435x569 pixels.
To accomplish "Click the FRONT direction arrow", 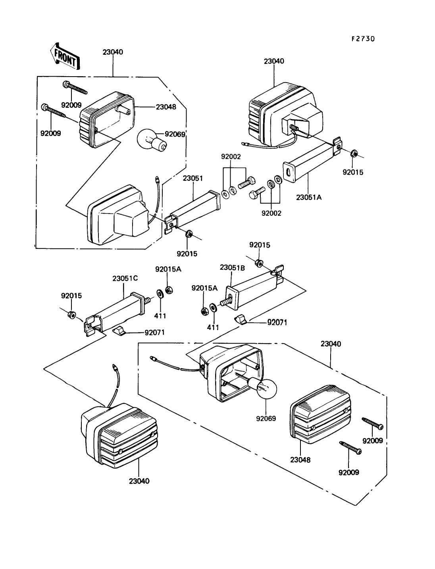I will pos(65,56).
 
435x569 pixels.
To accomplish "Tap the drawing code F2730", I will pos(363,39).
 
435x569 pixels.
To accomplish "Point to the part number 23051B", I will pos(232,267).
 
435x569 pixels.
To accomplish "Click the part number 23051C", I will pos(125,278).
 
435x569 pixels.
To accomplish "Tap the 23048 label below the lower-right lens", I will pos(300,460).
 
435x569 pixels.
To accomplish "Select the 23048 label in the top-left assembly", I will pos(167,107).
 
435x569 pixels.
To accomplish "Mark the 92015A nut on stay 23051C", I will pos(167,290).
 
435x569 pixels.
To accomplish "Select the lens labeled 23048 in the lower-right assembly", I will pos(320,413).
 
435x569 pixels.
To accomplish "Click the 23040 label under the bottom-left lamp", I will pos(139,481).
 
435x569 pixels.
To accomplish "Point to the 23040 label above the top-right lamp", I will pos(274,61).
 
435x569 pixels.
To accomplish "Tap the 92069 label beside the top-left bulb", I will pos(175,134).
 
